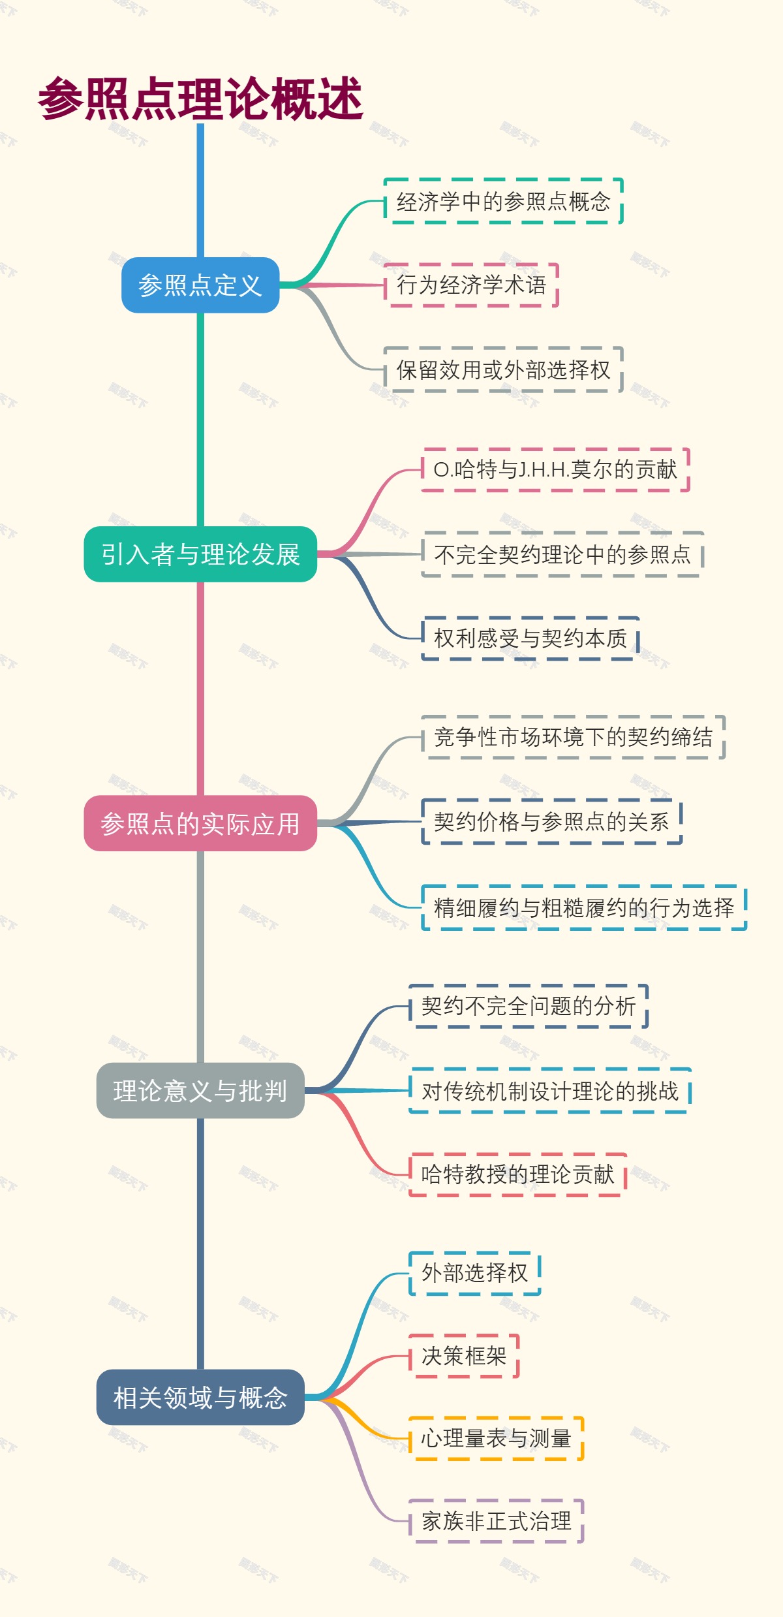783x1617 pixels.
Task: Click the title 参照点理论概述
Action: point(200,99)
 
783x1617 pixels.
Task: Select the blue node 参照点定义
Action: point(200,285)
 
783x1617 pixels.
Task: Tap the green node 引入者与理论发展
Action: point(200,554)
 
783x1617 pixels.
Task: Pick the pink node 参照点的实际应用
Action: point(200,823)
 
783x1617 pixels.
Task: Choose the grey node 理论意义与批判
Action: point(200,1090)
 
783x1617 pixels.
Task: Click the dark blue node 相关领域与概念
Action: point(200,1397)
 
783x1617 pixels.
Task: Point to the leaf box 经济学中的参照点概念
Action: point(503,201)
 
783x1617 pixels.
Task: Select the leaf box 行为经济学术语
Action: point(471,285)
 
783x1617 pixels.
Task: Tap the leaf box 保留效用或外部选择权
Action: point(503,369)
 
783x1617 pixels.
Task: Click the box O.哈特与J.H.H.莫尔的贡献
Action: point(555,469)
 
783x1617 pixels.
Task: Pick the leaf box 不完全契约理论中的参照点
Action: point(562,554)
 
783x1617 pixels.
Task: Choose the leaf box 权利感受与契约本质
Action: point(530,638)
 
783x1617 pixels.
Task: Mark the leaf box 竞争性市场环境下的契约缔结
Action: point(574,737)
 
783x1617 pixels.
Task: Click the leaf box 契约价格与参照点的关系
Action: point(551,821)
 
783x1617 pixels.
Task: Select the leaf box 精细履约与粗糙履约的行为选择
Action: point(584,907)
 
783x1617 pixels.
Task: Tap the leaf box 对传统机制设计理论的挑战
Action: point(550,1090)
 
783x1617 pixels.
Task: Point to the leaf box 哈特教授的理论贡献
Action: point(517,1174)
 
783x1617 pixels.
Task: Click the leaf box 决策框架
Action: point(464,1356)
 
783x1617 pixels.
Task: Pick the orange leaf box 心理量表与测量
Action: point(496,1438)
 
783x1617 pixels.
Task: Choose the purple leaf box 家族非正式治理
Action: point(496,1521)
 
